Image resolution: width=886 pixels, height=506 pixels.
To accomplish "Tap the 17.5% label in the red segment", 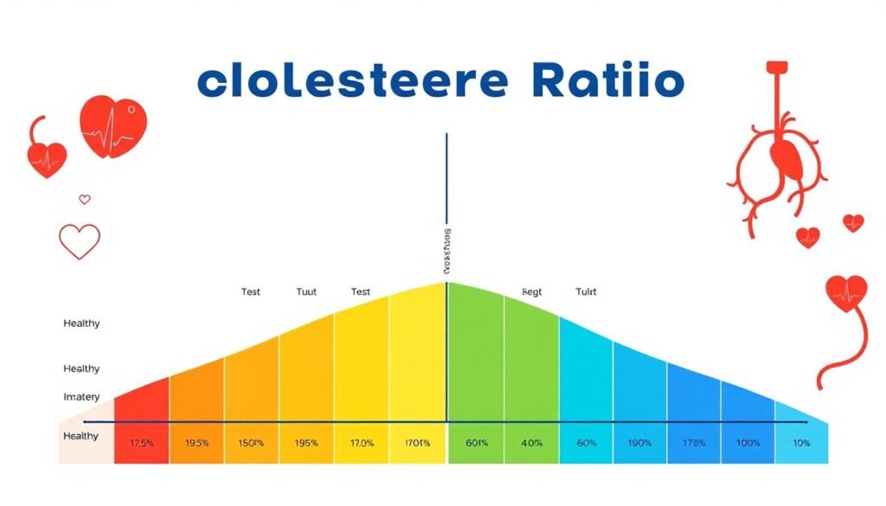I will [142, 443].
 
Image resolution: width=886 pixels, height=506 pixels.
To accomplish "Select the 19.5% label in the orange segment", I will [196, 443].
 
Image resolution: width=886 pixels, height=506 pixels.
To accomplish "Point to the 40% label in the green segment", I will [531, 443].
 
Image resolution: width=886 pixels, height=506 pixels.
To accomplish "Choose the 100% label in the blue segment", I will [747, 443].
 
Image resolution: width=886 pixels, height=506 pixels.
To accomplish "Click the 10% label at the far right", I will [801, 443].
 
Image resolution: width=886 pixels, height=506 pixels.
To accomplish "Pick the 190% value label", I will [639, 443].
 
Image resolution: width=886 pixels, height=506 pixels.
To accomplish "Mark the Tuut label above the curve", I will [306, 292].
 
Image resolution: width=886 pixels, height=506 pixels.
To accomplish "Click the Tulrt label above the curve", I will [586, 292].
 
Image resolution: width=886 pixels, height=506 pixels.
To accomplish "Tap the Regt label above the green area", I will [531, 292].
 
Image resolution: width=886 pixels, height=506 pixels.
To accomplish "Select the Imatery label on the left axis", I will [81, 396].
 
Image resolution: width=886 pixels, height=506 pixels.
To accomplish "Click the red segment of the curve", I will [142, 407].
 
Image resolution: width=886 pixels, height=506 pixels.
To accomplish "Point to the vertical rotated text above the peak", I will [446, 252].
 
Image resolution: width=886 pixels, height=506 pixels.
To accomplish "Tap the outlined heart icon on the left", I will [80, 241].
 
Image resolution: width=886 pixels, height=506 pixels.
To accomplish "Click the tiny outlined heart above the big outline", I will [85, 200].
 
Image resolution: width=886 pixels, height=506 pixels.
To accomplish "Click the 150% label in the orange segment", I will [251, 443].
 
